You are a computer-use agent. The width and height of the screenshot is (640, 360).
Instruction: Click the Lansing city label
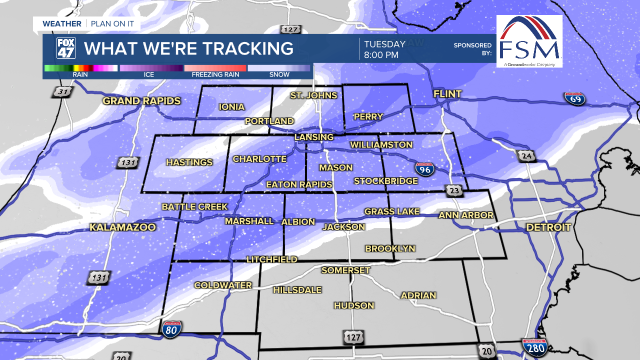click(313, 137)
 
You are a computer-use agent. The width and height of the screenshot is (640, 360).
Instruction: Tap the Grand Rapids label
click(141, 101)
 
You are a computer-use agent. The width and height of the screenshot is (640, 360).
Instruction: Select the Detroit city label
click(548, 227)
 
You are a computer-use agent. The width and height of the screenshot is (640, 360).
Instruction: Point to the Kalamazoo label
click(122, 227)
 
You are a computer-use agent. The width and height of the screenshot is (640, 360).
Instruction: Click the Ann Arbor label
click(466, 215)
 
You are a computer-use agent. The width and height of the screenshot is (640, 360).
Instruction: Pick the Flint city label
click(447, 94)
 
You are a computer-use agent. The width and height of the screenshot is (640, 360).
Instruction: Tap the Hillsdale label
click(297, 290)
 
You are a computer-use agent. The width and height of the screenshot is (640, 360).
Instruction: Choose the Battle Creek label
click(194, 207)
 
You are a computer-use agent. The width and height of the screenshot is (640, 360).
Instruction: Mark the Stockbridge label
click(385, 181)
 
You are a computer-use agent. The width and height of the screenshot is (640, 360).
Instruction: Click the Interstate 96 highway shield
click(424, 169)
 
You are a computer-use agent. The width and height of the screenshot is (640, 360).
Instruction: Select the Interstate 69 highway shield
click(575, 98)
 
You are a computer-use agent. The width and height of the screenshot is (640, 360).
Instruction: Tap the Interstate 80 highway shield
click(171, 328)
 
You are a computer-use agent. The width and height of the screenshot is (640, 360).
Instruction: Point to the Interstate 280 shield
click(534, 346)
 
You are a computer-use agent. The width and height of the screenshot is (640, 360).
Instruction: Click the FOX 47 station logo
click(66, 48)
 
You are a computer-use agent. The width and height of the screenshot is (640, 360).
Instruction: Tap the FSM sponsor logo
click(529, 41)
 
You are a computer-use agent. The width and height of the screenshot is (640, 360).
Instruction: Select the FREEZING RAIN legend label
click(215, 74)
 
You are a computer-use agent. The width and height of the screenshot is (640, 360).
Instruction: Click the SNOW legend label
click(279, 74)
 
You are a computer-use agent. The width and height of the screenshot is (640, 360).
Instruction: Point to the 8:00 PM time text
click(381, 55)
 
